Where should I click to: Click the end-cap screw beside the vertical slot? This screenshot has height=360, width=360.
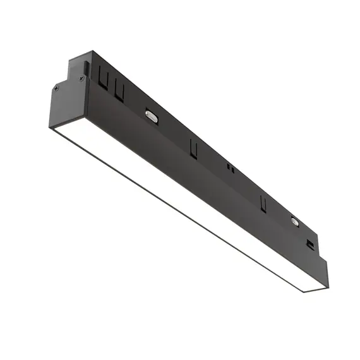[81, 78]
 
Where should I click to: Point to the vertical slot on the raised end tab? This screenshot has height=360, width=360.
[85, 66]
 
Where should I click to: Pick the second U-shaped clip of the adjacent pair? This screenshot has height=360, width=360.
[119, 92]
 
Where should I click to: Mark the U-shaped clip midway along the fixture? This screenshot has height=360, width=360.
[193, 148]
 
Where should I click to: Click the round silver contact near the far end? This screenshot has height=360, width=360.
[295, 220]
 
